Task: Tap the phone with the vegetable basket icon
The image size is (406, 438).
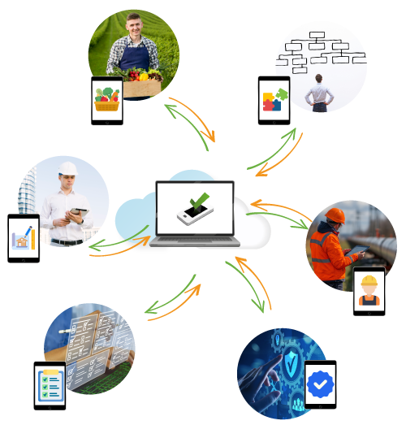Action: (107, 101)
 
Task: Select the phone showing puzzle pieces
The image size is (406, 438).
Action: (274, 100)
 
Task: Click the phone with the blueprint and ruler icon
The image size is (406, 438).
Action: (24, 238)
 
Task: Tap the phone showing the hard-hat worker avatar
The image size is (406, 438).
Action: (369, 291)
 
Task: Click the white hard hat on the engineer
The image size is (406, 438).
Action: (66, 168)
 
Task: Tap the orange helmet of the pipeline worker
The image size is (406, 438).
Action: (335, 215)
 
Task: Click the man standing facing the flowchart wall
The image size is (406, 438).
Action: (318, 91)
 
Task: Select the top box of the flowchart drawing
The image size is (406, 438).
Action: (317, 36)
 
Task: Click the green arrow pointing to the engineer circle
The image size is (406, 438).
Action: (106, 244)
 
